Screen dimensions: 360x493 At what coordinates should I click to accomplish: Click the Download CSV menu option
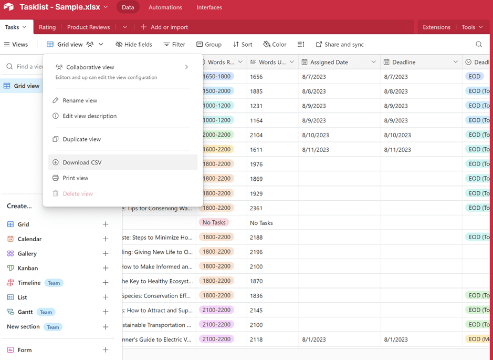pyautogui.click(x=82, y=162)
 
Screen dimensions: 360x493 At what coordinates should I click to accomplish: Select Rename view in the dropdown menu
pyautogui.click(x=80, y=100)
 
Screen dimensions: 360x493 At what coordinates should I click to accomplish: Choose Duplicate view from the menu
pyautogui.click(x=81, y=139)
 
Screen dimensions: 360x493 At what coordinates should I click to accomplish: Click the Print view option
pyautogui.click(x=75, y=178)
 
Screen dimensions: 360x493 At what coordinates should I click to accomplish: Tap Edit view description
pyautogui.click(x=89, y=116)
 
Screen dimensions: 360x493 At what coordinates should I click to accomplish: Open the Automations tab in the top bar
pyautogui.click(x=165, y=7)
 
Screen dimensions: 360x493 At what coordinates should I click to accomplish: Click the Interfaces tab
pyautogui.click(x=209, y=7)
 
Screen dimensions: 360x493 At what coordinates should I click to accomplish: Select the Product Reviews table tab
pyautogui.click(x=88, y=27)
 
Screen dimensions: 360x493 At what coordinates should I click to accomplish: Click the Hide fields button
pyautogui.click(x=134, y=45)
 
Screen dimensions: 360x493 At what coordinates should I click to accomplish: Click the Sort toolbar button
pyautogui.click(x=243, y=45)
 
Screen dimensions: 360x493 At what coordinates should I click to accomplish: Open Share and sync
pyautogui.click(x=340, y=45)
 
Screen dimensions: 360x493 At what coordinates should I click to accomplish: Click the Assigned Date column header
pyautogui.click(x=329, y=62)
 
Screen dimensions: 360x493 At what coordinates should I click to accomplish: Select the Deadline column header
pyautogui.click(x=404, y=62)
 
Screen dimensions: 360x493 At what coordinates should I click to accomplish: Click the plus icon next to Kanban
pyautogui.click(x=106, y=268)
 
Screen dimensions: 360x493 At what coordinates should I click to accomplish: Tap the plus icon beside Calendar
pyautogui.click(x=106, y=239)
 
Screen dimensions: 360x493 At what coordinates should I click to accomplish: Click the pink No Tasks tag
pyautogui.click(x=214, y=223)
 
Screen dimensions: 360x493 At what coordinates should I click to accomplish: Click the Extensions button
pyautogui.click(x=436, y=27)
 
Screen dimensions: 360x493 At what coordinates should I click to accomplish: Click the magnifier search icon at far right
pyautogui.click(x=479, y=45)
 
